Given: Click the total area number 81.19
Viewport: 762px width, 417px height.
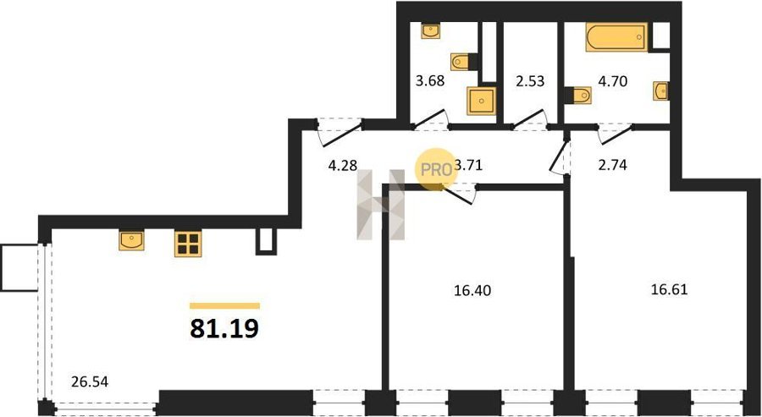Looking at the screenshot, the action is (x=224, y=329).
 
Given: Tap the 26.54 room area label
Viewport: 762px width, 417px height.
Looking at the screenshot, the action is (x=90, y=382).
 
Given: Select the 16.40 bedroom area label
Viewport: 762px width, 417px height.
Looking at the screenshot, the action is (x=472, y=291).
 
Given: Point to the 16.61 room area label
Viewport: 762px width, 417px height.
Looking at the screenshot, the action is (x=670, y=290).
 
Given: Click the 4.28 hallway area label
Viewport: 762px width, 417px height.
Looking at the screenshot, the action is (x=343, y=165).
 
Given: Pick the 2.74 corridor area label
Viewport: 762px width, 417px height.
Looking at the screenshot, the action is (x=613, y=165).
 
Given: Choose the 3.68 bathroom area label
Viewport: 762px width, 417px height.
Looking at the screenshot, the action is (x=430, y=80).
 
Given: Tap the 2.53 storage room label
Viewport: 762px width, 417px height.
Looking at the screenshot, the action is (x=530, y=80).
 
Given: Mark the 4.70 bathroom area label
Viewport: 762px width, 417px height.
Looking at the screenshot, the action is (x=612, y=80).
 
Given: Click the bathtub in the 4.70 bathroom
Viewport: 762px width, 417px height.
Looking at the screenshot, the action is (x=616, y=37).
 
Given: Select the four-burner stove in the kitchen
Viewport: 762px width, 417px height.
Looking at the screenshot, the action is (x=188, y=244).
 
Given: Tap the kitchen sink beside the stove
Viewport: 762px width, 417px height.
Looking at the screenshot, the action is (x=132, y=241).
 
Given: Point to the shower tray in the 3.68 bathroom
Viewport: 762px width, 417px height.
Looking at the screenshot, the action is (x=482, y=101).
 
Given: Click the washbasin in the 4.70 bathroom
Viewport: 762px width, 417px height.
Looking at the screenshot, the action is (x=660, y=91).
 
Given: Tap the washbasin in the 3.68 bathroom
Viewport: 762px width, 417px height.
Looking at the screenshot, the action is (x=431, y=30).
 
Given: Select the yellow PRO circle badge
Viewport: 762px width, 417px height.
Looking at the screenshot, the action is (x=436, y=170).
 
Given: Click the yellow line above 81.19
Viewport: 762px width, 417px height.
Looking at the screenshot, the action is (x=224, y=306).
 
